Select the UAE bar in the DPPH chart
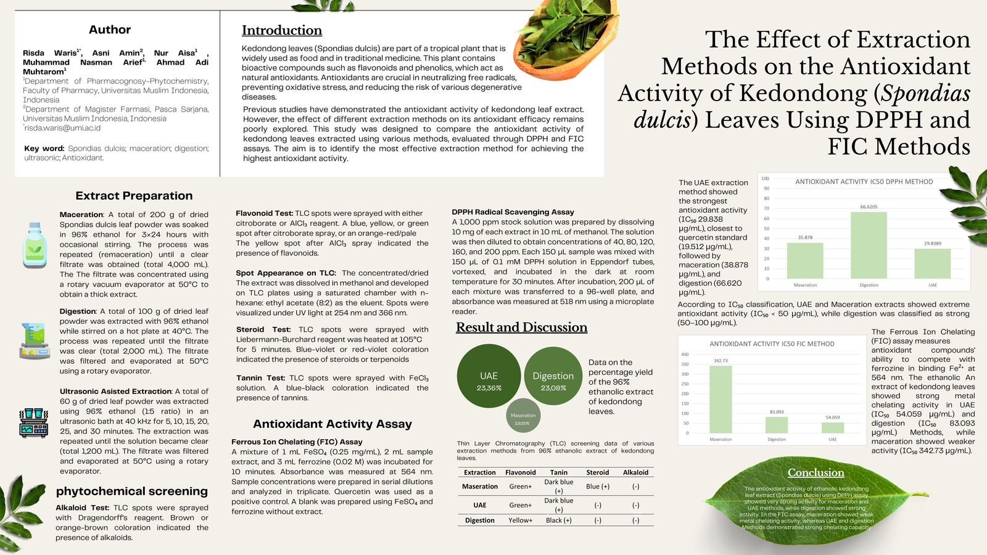pos(932,263)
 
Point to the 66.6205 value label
pos(869,207)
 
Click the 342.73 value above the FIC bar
pos(721,361)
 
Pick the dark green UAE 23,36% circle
pos(489,376)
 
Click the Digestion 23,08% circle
pos(553,376)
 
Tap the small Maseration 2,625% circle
pos(523,416)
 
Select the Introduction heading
pos(282,30)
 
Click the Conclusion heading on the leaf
pos(816,473)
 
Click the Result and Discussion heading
pos(521,327)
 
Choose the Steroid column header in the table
pos(597,472)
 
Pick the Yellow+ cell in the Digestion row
pos(520,520)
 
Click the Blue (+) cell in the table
pos(597,487)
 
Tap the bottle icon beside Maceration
pos(35,245)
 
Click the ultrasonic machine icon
pos(34,422)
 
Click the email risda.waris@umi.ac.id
pos(62,128)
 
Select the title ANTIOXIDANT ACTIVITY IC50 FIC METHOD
pos(772,344)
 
